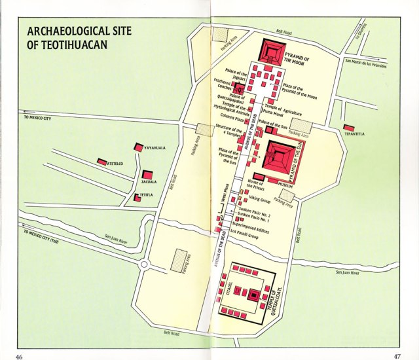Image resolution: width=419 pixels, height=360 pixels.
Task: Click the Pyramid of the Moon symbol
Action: (x=274, y=50)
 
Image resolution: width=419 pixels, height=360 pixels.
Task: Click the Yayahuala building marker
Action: (x=138, y=148)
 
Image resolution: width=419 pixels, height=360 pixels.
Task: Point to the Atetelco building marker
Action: (x=102, y=162)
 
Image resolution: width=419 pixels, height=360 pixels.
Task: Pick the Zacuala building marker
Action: (x=149, y=175)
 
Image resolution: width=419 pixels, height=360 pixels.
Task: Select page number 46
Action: (x=20, y=355)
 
